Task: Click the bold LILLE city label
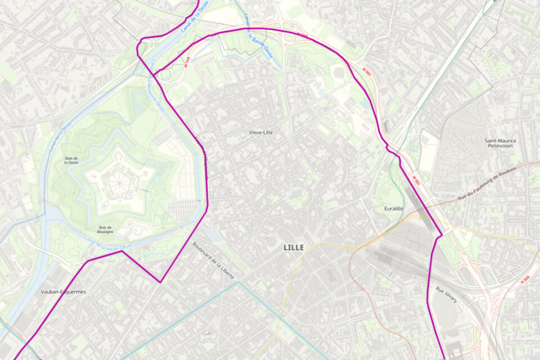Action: click(x=294, y=247)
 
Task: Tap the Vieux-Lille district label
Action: click(x=261, y=132)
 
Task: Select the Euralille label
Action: click(x=393, y=209)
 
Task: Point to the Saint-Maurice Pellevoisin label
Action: click(x=500, y=143)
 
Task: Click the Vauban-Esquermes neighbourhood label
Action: click(x=64, y=292)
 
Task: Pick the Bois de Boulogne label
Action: click(x=105, y=229)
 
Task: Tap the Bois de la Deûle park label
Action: click(x=71, y=161)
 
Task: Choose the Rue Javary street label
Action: click(x=446, y=295)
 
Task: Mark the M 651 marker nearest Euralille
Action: click(x=416, y=180)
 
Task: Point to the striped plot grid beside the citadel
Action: click(x=183, y=210)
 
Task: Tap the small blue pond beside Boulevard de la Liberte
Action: click(x=214, y=235)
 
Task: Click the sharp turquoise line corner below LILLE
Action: click(x=238, y=282)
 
